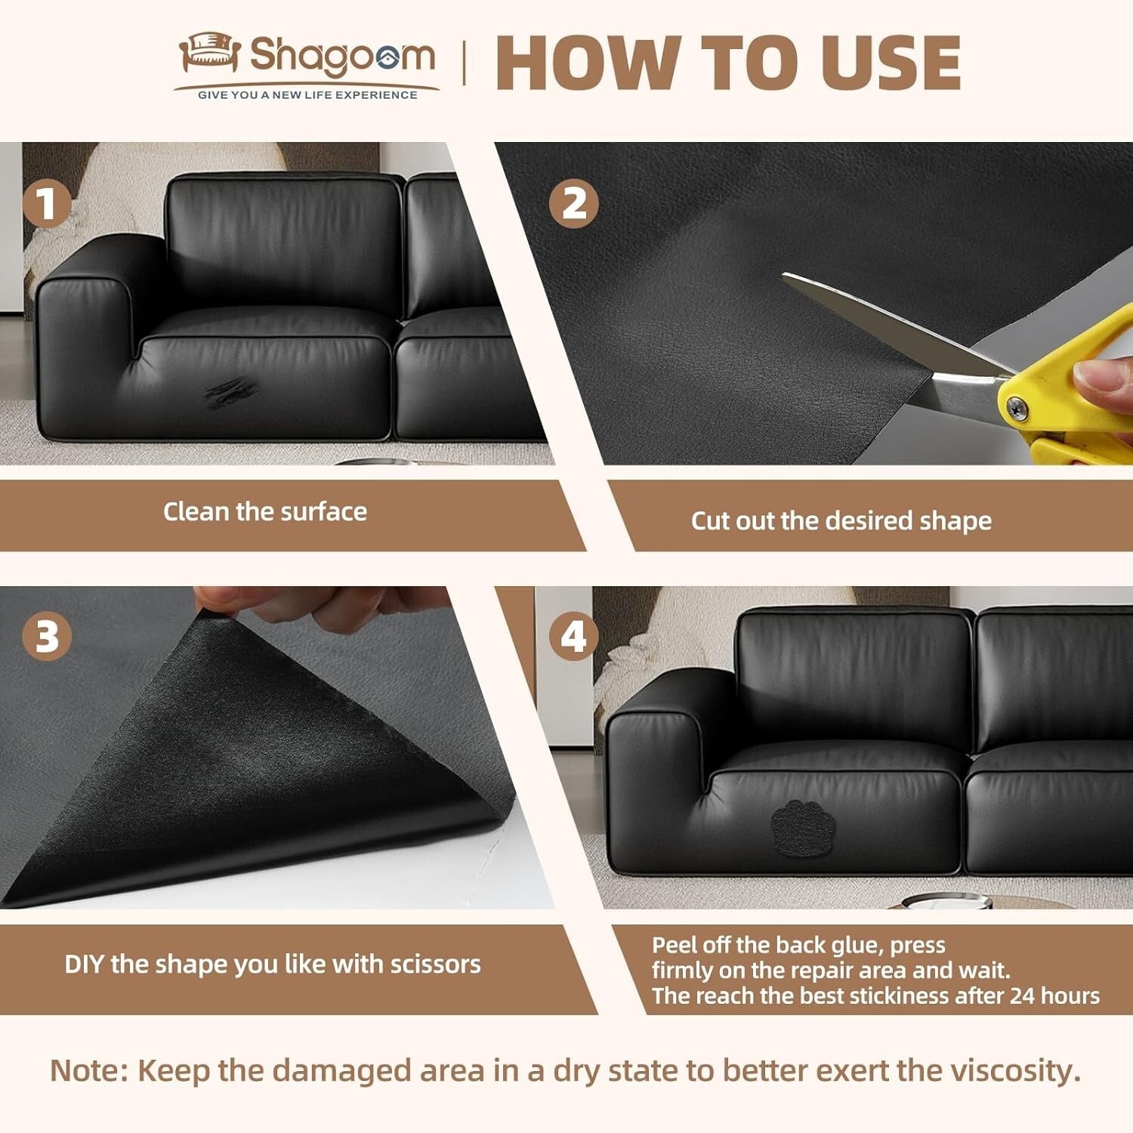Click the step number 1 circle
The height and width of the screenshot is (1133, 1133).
[x=47, y=205]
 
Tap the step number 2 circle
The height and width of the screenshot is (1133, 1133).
[x=573, y=203]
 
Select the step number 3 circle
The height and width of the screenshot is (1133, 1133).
[x=46, y=636]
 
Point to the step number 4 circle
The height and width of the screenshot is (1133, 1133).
[x=573, y=636]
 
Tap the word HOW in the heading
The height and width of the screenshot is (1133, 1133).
[x=586, y=63]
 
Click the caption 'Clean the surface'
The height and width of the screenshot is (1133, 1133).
[x=265, y=512]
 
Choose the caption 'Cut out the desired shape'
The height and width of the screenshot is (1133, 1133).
[x=841, y=521]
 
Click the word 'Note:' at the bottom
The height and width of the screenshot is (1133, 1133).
[x=88, y=1071]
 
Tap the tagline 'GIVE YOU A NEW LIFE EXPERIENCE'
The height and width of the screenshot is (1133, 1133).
[x=307, y=95]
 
